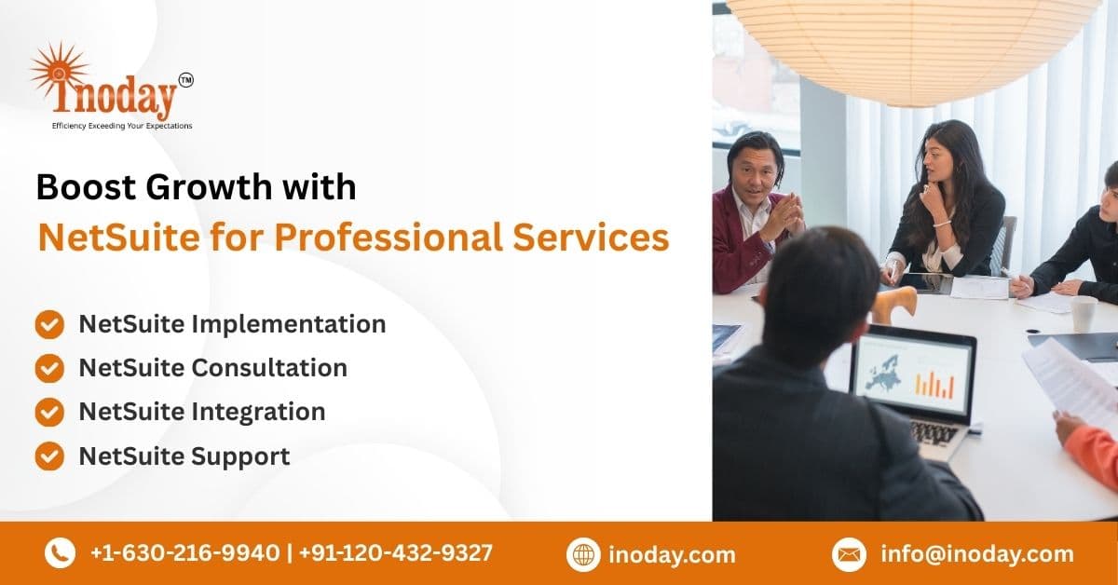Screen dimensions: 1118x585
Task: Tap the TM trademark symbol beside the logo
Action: pyautogui.click(x=185, y=80)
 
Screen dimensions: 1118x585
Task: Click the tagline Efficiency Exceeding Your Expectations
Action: pyautogui.click(x=122, y=126)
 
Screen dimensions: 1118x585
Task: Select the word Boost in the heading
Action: pyautogui.click(x=86, y=187)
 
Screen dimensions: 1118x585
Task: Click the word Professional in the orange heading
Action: pyautogui.click(x=388, y=238)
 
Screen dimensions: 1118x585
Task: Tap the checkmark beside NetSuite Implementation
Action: pyautogui.click(x=49, y=324)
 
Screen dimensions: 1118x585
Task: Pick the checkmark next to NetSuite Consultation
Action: pyautogui.click(x=49, y=368)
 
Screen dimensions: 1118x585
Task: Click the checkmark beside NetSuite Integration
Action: pyautogui.click(x=49, y=412)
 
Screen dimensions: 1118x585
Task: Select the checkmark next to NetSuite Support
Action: pyautogui.click(x=49, y=456)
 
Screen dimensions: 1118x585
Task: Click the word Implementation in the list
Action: pyautogui.click(x=289, y=325)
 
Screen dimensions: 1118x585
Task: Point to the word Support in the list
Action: pyautogui.click(x=240, y=456)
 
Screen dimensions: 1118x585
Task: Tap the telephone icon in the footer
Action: pyautogui.click(x=60, y=553)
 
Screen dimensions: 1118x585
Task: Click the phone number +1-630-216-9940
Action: pyautogui.click(x=185, y=552)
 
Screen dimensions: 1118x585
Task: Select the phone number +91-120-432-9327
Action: pyautogui.click(x=396, y=552)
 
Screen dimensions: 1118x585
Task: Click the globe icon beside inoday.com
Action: pyautogui.click(x=583, y=554)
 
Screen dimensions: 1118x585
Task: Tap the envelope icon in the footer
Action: pyautogui.click(x=849, y=554)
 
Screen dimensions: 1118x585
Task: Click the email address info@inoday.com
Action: pyautogui.click(x=977, y=554)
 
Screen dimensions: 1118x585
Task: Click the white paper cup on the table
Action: pyautogui.click(x=1084, y=313)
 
